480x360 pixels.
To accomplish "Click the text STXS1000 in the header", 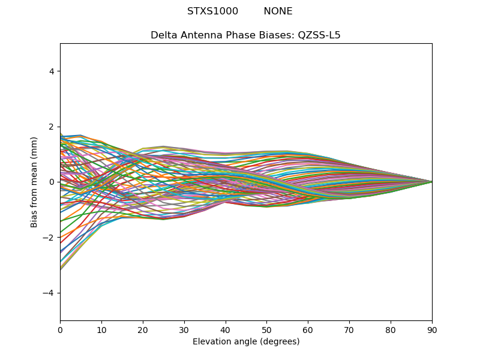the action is click(x=212, y=11).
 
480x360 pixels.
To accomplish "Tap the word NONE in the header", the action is click(x=278, y=11).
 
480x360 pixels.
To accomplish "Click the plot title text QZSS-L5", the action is click(x=319, y=35).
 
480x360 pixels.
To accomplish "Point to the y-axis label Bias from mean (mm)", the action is click(x=34, y=182).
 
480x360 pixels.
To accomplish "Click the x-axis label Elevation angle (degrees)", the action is click(x=246, y=341).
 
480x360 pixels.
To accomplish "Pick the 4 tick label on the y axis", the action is click(x=52, y=71).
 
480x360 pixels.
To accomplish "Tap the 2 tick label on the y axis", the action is click(x=52, y=127).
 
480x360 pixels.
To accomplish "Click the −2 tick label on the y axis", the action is click(x=49, y=238).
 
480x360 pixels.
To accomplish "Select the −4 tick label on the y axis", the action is click(x=49, y=293).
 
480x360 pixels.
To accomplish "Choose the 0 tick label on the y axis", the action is click(x=52, y=182).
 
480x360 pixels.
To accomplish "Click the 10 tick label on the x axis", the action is click(x=101, y=331).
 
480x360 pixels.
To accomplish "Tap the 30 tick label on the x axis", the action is click(x=184, y=331).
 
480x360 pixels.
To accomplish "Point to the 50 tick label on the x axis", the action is click(x=266, y=331).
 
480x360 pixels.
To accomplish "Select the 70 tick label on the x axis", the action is click(x=349, y=331).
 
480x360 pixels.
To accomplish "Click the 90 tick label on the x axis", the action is click(x=431, y=331).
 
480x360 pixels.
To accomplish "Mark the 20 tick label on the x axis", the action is click(x=143, y=331).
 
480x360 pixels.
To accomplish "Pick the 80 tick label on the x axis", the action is click(x=391, y=331).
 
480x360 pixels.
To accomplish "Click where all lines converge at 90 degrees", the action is click(x=432, y=182).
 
